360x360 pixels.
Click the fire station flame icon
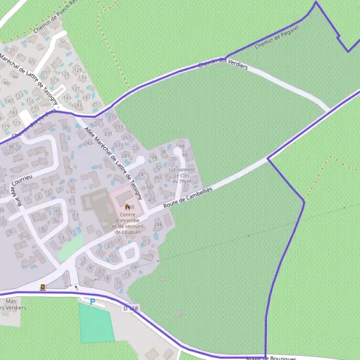click(x=127, y=206)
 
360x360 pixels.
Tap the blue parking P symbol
click(x=92, y=302)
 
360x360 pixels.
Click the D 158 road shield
click(x=131, y=308)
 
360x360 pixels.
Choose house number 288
click(x=158, y=224)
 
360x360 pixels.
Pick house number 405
click(x=151, y=200)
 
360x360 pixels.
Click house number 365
click(x=158, y=178)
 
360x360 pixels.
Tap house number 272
click(x=113, y=116)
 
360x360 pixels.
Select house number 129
click(x=77, y=70)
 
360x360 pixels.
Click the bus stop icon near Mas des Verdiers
click(x=43, y=287)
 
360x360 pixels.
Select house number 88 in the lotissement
click(x=181, y=146)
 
